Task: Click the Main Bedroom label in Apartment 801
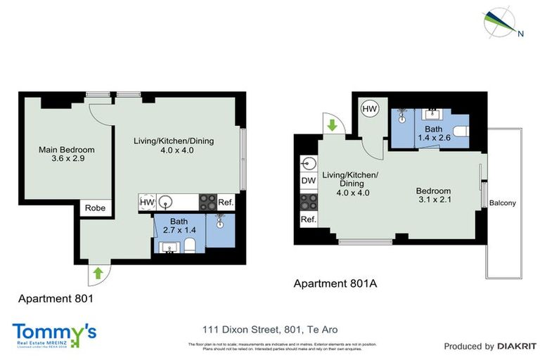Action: click(66, 155)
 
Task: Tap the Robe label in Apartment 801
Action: click(95, 208)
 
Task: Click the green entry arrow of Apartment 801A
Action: click(333, 127)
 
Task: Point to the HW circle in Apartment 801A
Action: click(370, 109)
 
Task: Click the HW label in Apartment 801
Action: click(147, 202)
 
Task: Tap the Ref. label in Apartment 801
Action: click(226, 202)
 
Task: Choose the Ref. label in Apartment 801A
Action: click(308, 220)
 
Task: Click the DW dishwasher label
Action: click(308, 181)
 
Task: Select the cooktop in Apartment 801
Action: click(207, 202)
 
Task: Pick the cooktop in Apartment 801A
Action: click(308, 202)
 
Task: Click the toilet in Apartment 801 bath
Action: click(188, 244)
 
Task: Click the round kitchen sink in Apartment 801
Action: click(166, 202)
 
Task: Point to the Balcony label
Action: click(503, 204)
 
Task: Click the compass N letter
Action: click(520, 33)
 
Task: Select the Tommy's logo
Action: click(54, 335)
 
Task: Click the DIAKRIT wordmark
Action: click(517, 346)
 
